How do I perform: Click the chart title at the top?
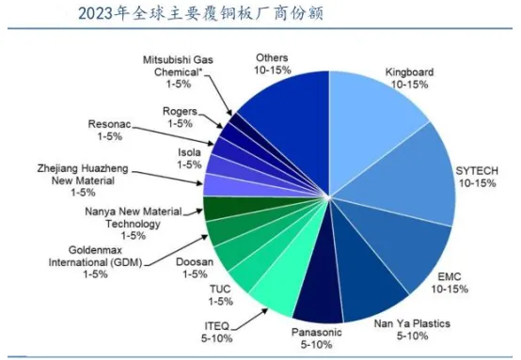(200, 14)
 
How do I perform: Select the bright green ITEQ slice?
(282, 282)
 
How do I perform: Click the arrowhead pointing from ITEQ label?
(264, 311)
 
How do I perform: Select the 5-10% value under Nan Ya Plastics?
(412, 336)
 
